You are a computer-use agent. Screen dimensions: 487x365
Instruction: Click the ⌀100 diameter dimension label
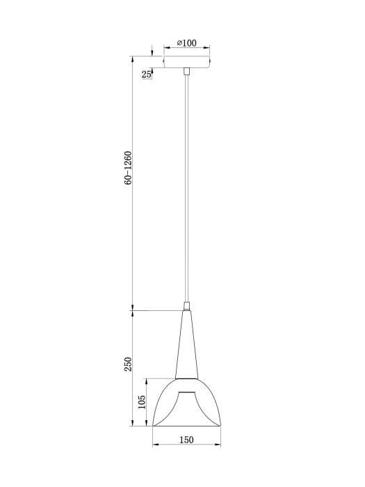pos(187,43)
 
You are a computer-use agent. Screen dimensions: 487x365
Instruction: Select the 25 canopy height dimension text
pos(147,74)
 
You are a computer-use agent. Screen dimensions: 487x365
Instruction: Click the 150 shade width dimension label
pos(186,439)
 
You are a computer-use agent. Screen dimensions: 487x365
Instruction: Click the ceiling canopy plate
pos(186,61)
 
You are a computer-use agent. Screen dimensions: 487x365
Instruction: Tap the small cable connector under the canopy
pos(186,70)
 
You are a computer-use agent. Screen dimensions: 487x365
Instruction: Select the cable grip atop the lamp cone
pos(186,306)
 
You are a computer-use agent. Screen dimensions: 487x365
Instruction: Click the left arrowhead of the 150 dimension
pos(154,445)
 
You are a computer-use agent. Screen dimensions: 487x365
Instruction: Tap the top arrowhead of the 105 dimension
pos(146,381)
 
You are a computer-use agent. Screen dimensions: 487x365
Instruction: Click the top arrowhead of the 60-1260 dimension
pos(132,58)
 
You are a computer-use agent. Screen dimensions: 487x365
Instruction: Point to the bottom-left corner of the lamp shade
pos(153,426)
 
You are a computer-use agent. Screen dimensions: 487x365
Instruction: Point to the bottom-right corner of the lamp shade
pos(220,426)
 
